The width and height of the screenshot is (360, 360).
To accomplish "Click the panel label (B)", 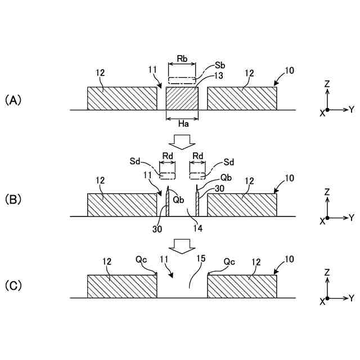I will click(13, 199).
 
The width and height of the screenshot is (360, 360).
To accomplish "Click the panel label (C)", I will click(13, 285).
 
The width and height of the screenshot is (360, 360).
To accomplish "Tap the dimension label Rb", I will click(182, 58).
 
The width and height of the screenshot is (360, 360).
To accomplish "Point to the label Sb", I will click(220, 66).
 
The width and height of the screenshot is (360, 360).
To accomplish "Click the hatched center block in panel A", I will click(182, 98).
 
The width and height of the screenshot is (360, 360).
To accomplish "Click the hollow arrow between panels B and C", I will click(181, 246).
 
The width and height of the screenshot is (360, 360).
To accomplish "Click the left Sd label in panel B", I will click(134, 161).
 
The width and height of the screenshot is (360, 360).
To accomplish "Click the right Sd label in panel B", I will click(229, 161).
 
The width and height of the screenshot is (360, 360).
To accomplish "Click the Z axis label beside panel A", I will click(327, 84).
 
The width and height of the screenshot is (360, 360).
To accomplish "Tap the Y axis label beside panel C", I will click(351, 296).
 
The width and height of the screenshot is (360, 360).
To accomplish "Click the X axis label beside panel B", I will click(322, 221).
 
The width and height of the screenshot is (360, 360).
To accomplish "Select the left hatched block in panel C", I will click(122, 286).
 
